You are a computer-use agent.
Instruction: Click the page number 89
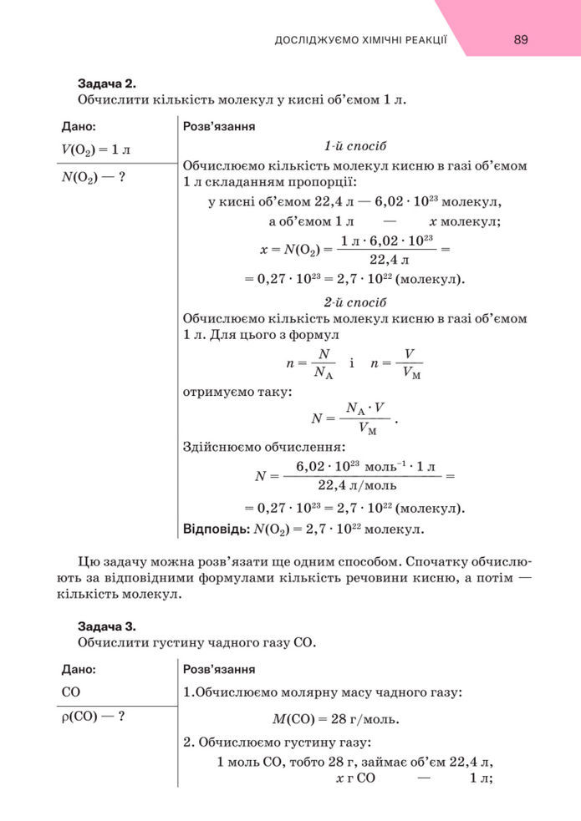point(521,39)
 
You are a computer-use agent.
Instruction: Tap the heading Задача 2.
point(107,84)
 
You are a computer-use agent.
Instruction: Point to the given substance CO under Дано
point(71,692)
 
